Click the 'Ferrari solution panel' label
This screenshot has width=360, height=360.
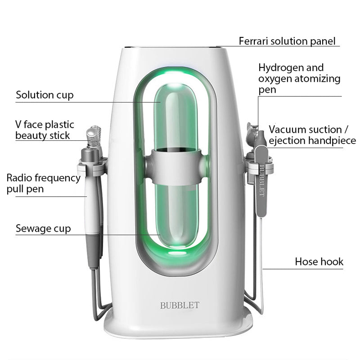tap(287, 41)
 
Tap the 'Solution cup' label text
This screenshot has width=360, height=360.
tap(45, 95)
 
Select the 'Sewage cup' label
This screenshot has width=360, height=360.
tap(43, 229)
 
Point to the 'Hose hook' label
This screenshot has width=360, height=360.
tap(319, 261)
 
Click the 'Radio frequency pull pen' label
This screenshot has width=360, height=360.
tap(43, 184)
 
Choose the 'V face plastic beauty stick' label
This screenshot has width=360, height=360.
tap(45, 130)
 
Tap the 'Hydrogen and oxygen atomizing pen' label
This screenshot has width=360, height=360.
tap(299, 78)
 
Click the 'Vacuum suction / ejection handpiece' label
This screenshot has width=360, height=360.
tap(312, 135)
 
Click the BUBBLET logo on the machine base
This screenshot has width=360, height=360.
tap(180, 306)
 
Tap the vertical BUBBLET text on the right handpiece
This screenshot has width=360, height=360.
tap(261, 181)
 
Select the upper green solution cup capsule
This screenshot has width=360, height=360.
tap(176, 117)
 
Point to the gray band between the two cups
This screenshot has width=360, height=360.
tap(176, 166)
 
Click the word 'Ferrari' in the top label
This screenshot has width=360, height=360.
tap(254, 41)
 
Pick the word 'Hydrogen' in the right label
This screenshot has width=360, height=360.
tap(279, 68)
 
